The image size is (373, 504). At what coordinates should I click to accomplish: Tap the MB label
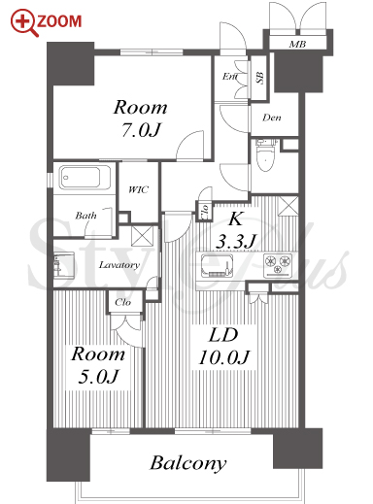(297, 44)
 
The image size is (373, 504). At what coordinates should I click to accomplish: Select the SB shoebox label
(259, 78)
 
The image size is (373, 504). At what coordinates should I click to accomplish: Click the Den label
(272, 118)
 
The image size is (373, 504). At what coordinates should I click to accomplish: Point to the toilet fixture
(265, 155)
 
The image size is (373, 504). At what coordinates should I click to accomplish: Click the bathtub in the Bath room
(85, 178)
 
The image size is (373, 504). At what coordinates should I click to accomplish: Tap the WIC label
(138, 189)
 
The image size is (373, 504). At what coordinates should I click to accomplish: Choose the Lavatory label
(119, 265)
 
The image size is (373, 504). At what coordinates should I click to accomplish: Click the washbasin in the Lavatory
(63, 265)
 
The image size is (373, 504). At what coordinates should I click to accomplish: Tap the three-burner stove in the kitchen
(278, 265)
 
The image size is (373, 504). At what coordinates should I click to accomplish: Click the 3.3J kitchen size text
(235, 241)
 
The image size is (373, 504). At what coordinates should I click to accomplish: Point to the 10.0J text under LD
(223, 357)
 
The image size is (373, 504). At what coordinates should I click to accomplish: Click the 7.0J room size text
(141, 130)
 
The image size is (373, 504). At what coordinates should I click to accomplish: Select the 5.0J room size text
(98, 377)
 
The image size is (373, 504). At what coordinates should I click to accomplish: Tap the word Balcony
(187, 463)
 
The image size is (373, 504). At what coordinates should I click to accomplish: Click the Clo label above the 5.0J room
(123, 302)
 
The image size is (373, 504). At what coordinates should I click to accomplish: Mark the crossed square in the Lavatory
(142, 236)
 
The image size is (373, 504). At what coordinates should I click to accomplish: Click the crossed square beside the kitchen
(288, 206)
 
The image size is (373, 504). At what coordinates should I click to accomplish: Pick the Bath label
(85, 216)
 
